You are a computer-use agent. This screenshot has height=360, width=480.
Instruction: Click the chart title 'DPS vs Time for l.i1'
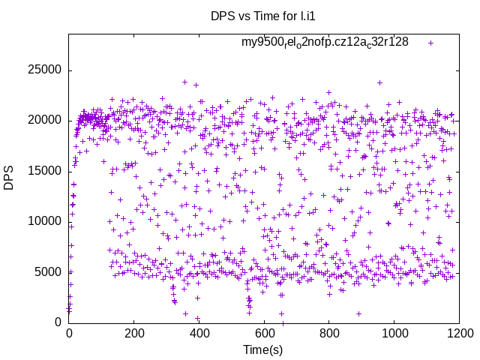click(x=262, y=15)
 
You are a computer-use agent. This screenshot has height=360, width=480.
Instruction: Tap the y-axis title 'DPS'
click(x=9, y=178)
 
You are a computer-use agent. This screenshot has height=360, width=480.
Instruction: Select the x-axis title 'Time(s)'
click(x=262, y=349)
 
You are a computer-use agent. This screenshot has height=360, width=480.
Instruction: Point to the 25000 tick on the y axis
click(x=44, y=70)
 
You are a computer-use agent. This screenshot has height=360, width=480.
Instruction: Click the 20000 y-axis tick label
click(x=44, y=121)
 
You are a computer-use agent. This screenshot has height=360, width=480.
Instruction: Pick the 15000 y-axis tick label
click(x=44, y=171)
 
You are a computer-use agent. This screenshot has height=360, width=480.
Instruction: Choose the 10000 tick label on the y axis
click(x=44, y=221)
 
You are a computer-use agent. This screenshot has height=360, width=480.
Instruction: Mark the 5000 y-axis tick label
click(x=47, y=271)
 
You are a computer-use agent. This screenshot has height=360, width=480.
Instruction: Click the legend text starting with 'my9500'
click(x=325, y=43)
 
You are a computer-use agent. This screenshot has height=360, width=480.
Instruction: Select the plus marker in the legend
click(x=430, y=43)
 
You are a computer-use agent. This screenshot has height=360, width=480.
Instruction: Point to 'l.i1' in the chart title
click(x=304, y=15)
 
